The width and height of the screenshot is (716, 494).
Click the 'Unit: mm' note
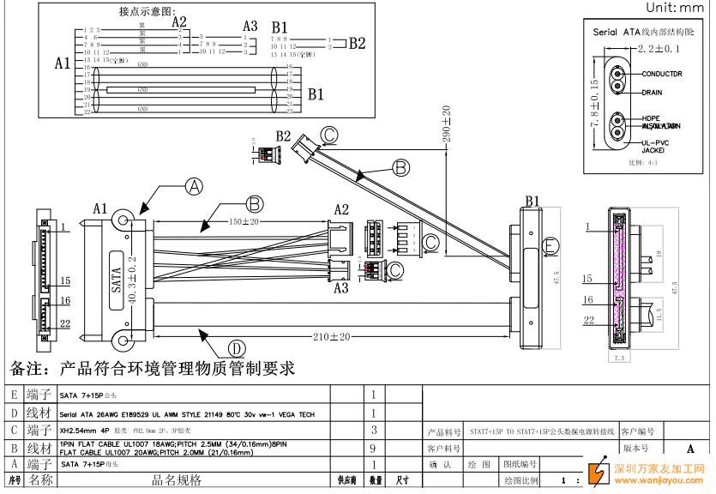coord(674,8)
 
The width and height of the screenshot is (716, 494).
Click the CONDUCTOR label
coord(661,75)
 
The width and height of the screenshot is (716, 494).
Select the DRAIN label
coord(652,91)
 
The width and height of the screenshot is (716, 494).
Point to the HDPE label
coord(649,118)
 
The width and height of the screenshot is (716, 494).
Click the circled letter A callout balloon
coord(196,185)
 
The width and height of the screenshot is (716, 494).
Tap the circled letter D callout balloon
coord(237,347)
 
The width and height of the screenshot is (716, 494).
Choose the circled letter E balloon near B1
coord(552,245)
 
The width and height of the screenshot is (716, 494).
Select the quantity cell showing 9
coord(374,448)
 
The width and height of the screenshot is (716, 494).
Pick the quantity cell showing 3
coord(374,429)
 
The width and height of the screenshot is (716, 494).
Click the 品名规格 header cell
coord(177,480)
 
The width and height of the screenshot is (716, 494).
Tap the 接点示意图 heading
coord(147,12)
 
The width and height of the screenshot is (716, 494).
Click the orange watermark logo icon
coord(595,475)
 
